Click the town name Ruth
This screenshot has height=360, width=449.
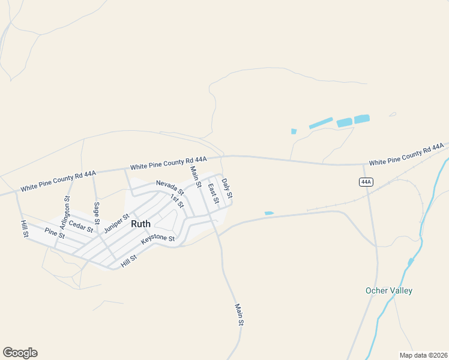pos(140,223)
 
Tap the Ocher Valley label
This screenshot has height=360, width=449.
pos(389,291)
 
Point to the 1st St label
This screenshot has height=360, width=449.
pos(176,201)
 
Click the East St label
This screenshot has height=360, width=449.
pos(212,193)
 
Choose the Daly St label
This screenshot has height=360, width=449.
pos(226,188)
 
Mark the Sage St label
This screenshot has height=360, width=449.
pos(97,213)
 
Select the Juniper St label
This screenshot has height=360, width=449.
pos(116,224)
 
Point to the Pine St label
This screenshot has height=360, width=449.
pos(55,233)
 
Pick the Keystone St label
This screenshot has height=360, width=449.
pos(157,239)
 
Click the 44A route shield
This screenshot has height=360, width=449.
pos(366,182)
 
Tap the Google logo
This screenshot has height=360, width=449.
pos(20,353)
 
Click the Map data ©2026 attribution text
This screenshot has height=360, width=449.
pos(423,355)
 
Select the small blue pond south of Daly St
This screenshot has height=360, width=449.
pos(269,213)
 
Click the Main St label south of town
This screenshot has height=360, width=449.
pos(240,314)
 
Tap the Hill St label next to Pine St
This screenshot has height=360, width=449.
pos(25,229)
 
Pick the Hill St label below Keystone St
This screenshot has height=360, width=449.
pos(129,260)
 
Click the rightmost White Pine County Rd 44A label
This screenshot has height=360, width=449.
pos(406,154)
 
